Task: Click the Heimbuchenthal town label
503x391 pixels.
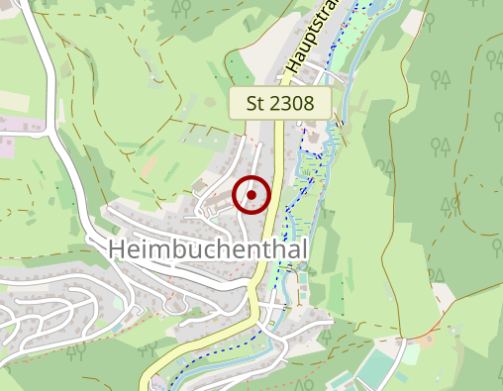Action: click(x=208, y=249)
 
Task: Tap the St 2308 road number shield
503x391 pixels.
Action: click(x=279, y=103)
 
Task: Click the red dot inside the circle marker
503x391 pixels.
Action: click(x=251, y=195)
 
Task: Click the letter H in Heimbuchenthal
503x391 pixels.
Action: click(x=117, y=249)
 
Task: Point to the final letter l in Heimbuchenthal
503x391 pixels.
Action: click(x=304, y=249)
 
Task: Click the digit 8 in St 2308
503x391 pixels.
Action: click(x=309, y=103)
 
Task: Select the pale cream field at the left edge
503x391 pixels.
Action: click(x=14, y=101)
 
